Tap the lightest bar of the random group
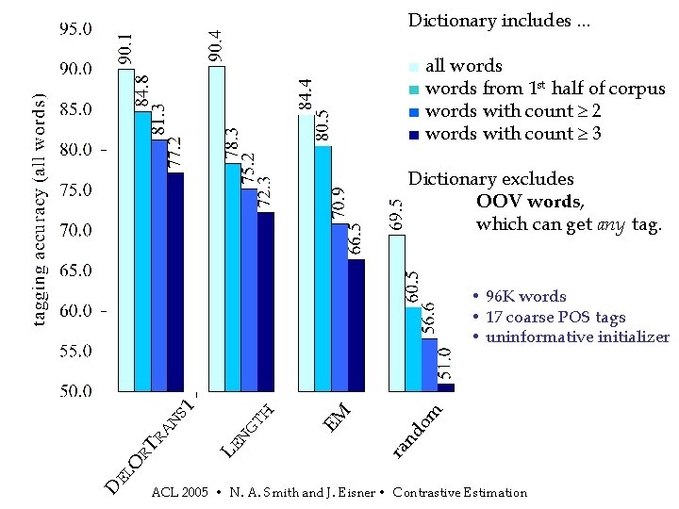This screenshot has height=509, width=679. (x=397, y=312)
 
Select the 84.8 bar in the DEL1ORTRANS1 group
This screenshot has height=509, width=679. (x=142, y=250)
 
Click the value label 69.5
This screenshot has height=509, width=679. (x=397, y=215)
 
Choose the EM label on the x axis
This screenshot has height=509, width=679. (x=337, y=416)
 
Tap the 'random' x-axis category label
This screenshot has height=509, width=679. (x=418, y=431)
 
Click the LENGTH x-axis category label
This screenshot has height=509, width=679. (x=247, y=430)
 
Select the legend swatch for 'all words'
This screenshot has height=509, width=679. (x=412, y=67)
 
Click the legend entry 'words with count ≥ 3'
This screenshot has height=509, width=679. (x=514, y=134)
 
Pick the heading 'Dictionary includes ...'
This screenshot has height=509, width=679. (x=499, y=21)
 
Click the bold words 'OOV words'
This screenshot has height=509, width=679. (x=529, y=202)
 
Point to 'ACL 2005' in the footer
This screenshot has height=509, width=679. (x=179, y=493)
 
